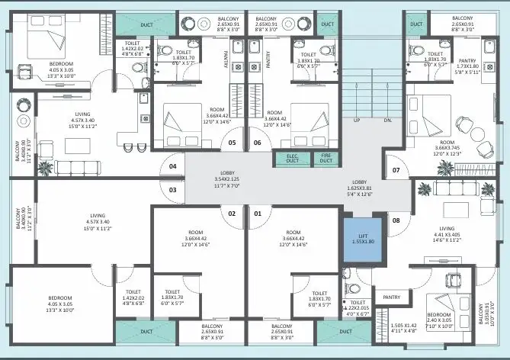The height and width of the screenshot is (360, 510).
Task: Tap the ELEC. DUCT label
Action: tap(291, 159)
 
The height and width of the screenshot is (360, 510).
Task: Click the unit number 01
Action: tap(258, 214)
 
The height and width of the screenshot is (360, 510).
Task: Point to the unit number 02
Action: tap(232, 214)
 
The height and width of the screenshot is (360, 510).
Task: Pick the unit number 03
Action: tap(173, 190)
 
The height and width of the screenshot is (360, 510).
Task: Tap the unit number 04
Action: tap(173, 166)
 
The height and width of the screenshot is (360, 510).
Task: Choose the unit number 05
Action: tap(232, 143)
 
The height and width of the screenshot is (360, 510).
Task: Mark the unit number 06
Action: tap(258, 143)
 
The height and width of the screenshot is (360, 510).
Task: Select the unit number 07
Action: tap(396, 169)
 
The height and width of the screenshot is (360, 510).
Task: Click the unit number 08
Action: tap(396, 221)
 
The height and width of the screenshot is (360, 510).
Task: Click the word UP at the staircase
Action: tap(357, 121)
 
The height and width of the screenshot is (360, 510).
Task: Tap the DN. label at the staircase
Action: tap(387, 121)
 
